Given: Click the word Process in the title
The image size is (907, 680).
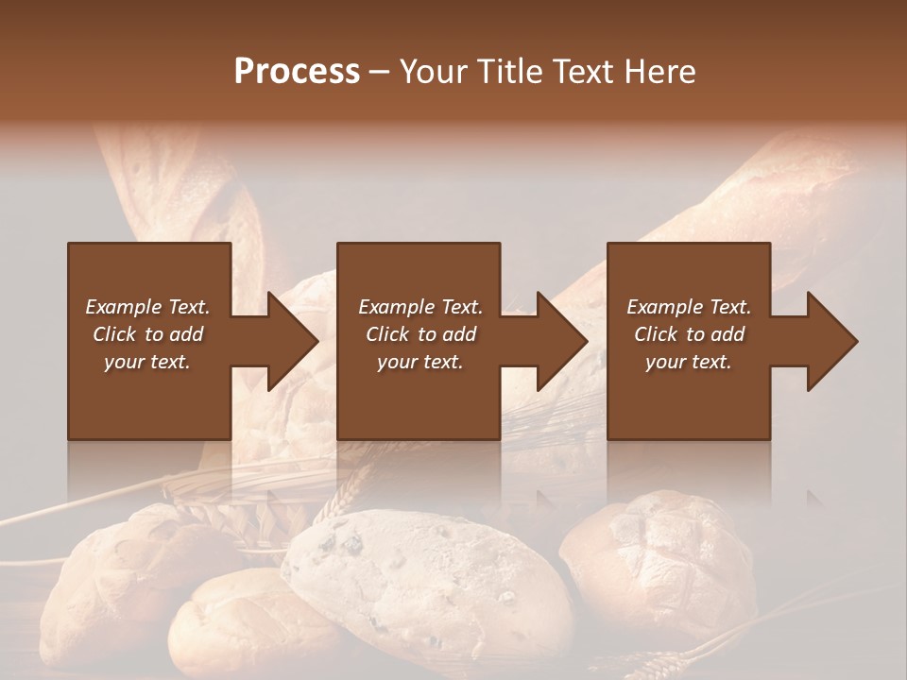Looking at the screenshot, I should point(297,72).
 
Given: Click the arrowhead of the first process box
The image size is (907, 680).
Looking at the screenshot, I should point(291,341).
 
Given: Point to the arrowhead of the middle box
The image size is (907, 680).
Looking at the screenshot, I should point(560,341).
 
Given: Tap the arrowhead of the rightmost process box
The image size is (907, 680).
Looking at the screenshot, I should point(830,341).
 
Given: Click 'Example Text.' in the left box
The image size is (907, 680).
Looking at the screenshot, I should point(147,307).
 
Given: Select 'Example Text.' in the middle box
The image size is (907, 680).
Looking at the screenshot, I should point(420,307).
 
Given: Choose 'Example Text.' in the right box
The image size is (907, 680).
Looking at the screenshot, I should point(689,307).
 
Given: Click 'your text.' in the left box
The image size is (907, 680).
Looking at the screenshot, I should point(147,362).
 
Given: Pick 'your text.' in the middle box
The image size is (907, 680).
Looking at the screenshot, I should point(420,362).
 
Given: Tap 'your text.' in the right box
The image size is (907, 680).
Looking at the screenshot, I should point(689,362).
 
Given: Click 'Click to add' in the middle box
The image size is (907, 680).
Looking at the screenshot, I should point(420,334).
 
